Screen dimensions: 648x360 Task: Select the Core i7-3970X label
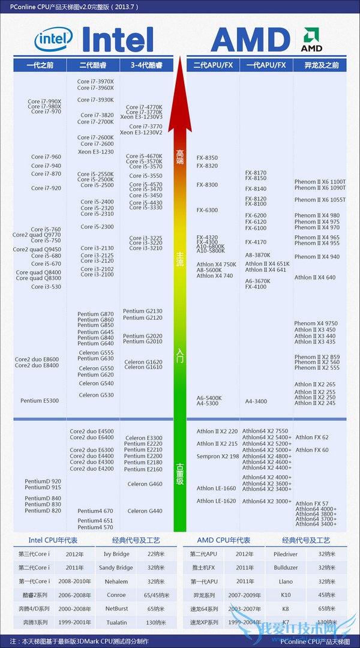(95, 81)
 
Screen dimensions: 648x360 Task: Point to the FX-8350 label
(207, 158)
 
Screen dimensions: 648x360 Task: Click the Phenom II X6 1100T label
(320, 181)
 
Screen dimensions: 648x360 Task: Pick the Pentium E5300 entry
(40, 401)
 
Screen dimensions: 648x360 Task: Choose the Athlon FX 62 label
(312, 437)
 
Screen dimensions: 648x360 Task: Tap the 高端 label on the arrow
(179, 157)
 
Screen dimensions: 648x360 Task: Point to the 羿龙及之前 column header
(319, 65)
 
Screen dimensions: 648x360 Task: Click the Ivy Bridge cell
(116, 554)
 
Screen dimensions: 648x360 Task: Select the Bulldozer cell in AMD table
(286, 568)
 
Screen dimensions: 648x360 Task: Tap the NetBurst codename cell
(116, 608)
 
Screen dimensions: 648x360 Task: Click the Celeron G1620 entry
(143, 362)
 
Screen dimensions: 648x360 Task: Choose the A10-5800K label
(211, 251)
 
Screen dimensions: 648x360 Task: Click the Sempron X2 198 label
(218, 457)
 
